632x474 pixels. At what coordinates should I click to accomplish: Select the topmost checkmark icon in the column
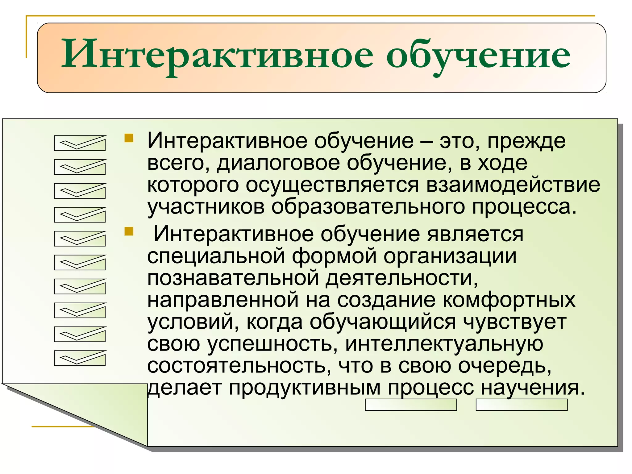[80, 143]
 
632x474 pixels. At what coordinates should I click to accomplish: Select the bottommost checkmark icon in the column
[80, 358]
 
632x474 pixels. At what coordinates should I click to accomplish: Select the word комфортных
[509, 300]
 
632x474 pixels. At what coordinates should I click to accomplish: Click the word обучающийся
[383, 322]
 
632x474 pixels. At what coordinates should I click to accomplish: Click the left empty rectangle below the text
[411, 405]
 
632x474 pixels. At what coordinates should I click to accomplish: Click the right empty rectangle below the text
[522, 405]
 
